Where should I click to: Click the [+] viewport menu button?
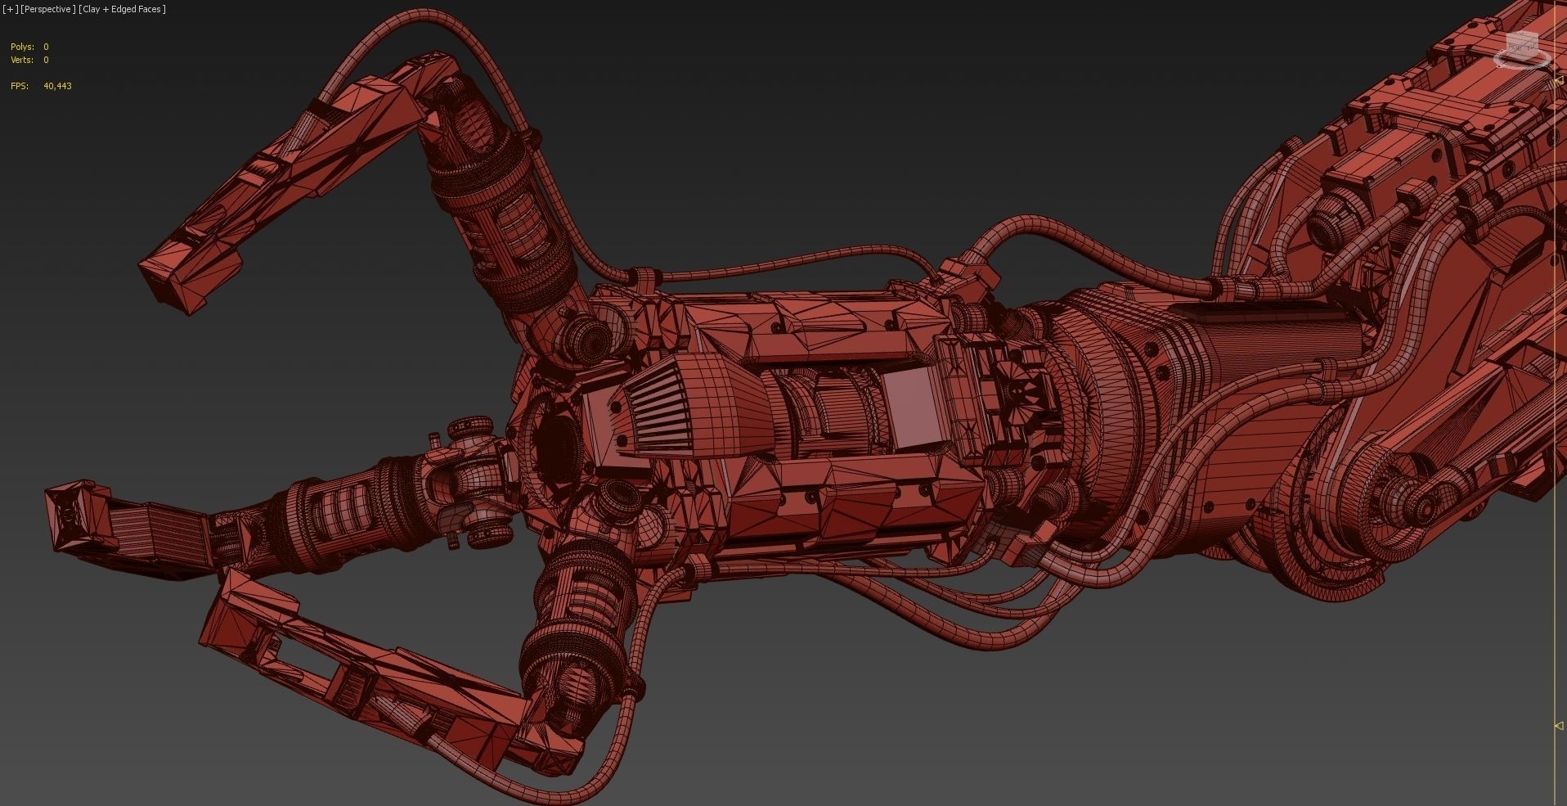(10, 9)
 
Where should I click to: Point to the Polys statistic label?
(22, 47)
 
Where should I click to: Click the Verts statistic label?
(22, 60)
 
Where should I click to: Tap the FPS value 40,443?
(57, 86)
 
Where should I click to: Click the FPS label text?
(20, 86)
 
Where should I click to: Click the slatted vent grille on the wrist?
(646, 405)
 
